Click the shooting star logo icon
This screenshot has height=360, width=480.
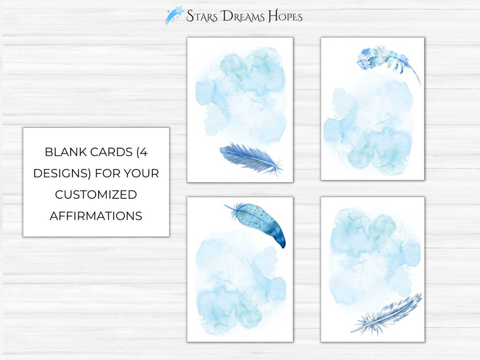174,15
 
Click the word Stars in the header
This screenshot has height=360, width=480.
202,16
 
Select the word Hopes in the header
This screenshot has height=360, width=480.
285,16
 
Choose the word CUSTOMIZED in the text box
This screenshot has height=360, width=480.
96,195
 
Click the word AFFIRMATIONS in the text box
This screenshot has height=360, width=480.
96,216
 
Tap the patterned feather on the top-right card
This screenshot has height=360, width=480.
381,59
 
